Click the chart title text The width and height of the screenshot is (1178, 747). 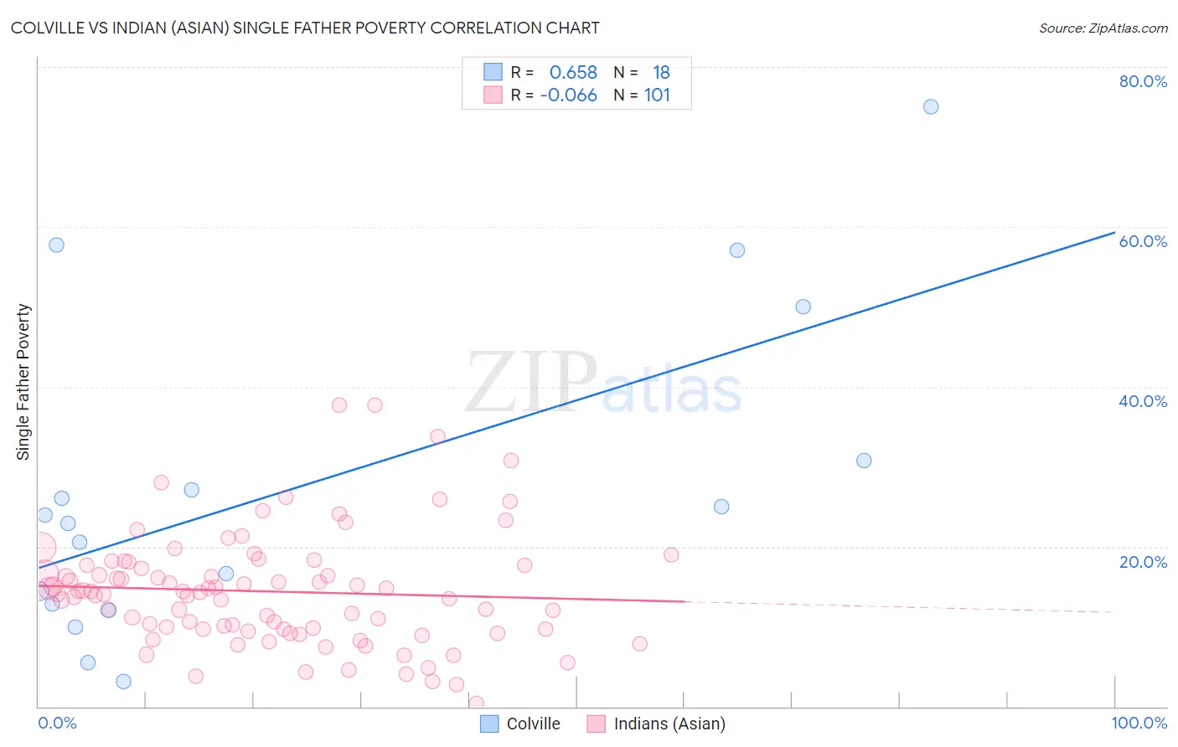coord(305,28)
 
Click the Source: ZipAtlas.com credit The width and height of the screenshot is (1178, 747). coord(1103,28)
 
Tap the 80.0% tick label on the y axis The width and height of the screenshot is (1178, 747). coord(1143,81)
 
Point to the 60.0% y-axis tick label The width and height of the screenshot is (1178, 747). coord(1143,241)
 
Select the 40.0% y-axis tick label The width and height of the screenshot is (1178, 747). coord(1143,401)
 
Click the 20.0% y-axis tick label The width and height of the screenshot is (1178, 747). coord(1143,562)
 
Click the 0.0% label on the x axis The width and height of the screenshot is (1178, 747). coord(57,723)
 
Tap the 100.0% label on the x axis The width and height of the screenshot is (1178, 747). coord(1139,723)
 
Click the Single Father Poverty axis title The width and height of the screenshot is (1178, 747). coord(23,382)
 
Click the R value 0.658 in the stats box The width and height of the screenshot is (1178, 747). coord(573,73)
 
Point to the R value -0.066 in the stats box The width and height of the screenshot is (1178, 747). coord(568,95)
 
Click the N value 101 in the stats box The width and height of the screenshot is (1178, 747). coord(657,95)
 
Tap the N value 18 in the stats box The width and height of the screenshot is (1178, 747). coord(661,73)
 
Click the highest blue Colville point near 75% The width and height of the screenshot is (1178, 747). coord(931,107)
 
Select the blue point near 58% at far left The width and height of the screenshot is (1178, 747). coord(56,245)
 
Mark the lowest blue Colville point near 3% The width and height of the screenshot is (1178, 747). coord(123,682)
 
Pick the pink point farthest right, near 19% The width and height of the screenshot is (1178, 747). coord(671,555)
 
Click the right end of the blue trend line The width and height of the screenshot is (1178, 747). coord(1113,233)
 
